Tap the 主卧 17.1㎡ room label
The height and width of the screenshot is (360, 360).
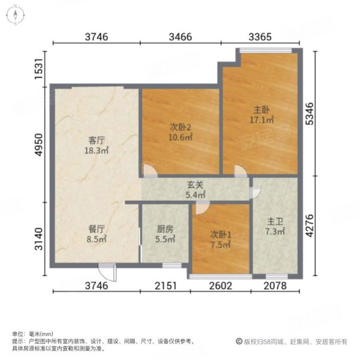click(262, 115)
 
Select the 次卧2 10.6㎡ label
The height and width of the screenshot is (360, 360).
click(180, 132)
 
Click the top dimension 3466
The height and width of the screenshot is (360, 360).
click(180, 37)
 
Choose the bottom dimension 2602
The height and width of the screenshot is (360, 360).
click(220, 286)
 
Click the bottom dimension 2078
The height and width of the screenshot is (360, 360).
click(275, 286)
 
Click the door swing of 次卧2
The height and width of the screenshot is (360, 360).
click(150, 172)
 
